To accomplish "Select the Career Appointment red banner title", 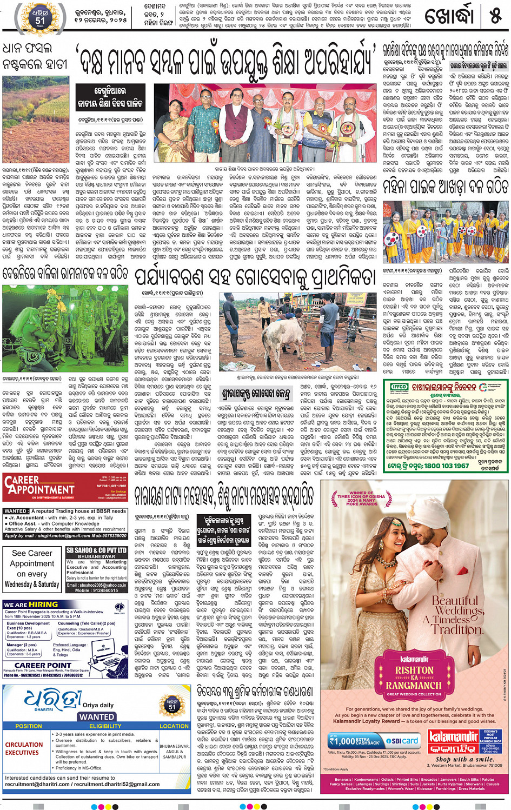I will [x=38, y=485].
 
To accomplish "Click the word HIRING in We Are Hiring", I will [x=43, y=604].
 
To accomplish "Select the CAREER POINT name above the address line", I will [x=43, y=665].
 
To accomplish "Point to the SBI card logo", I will [x=402, y=740].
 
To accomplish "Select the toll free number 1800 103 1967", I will [x=439, y=466].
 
